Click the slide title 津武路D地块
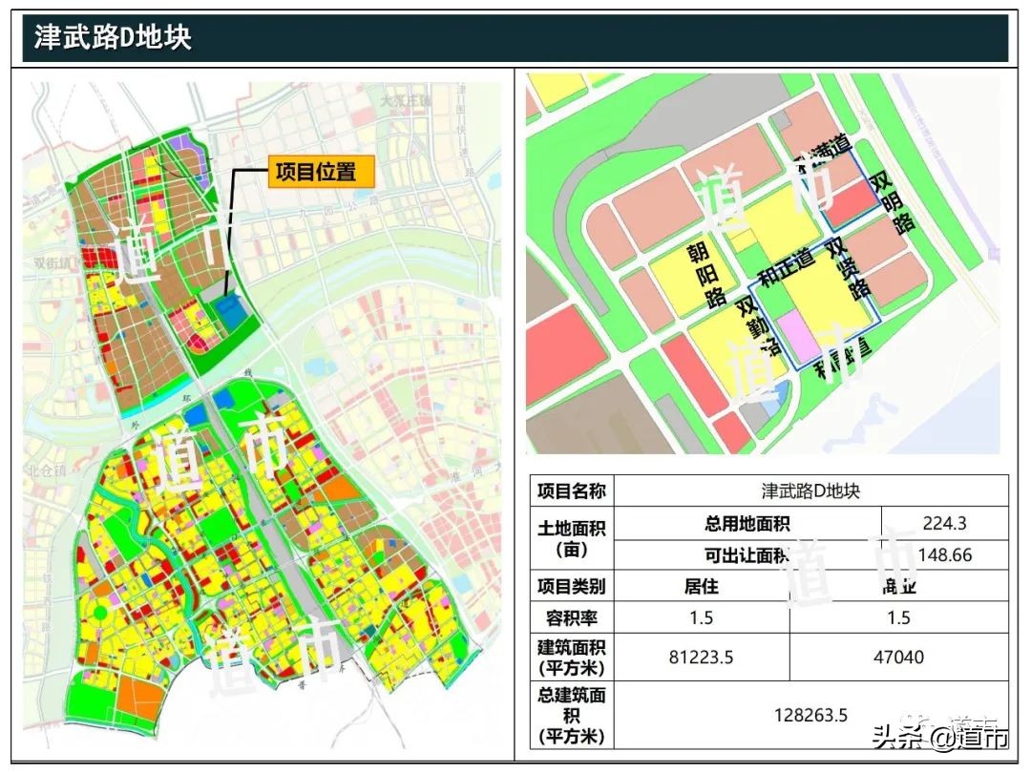point(113,37)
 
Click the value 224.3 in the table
point(944,523)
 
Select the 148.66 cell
point(944,554)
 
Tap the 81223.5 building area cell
point(701,658)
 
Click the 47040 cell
point(898,658)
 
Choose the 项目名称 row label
point(572,491)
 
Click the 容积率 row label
point(572,617)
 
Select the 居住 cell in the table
point(701,586)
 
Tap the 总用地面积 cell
point(747,523)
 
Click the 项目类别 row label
point(572,586)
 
